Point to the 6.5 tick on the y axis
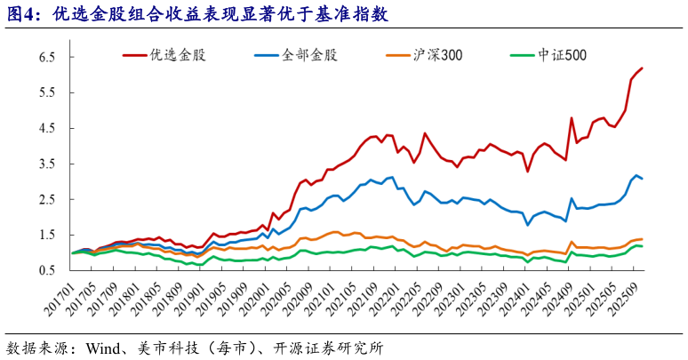click(47, 57)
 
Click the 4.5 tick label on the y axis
click(47, 128)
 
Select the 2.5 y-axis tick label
click(47, 200)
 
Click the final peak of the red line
click(642, 68)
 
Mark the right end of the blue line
click(642, 179)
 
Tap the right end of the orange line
click(642, 239)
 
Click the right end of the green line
click(642, 246)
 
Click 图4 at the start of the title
click(23, 14)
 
